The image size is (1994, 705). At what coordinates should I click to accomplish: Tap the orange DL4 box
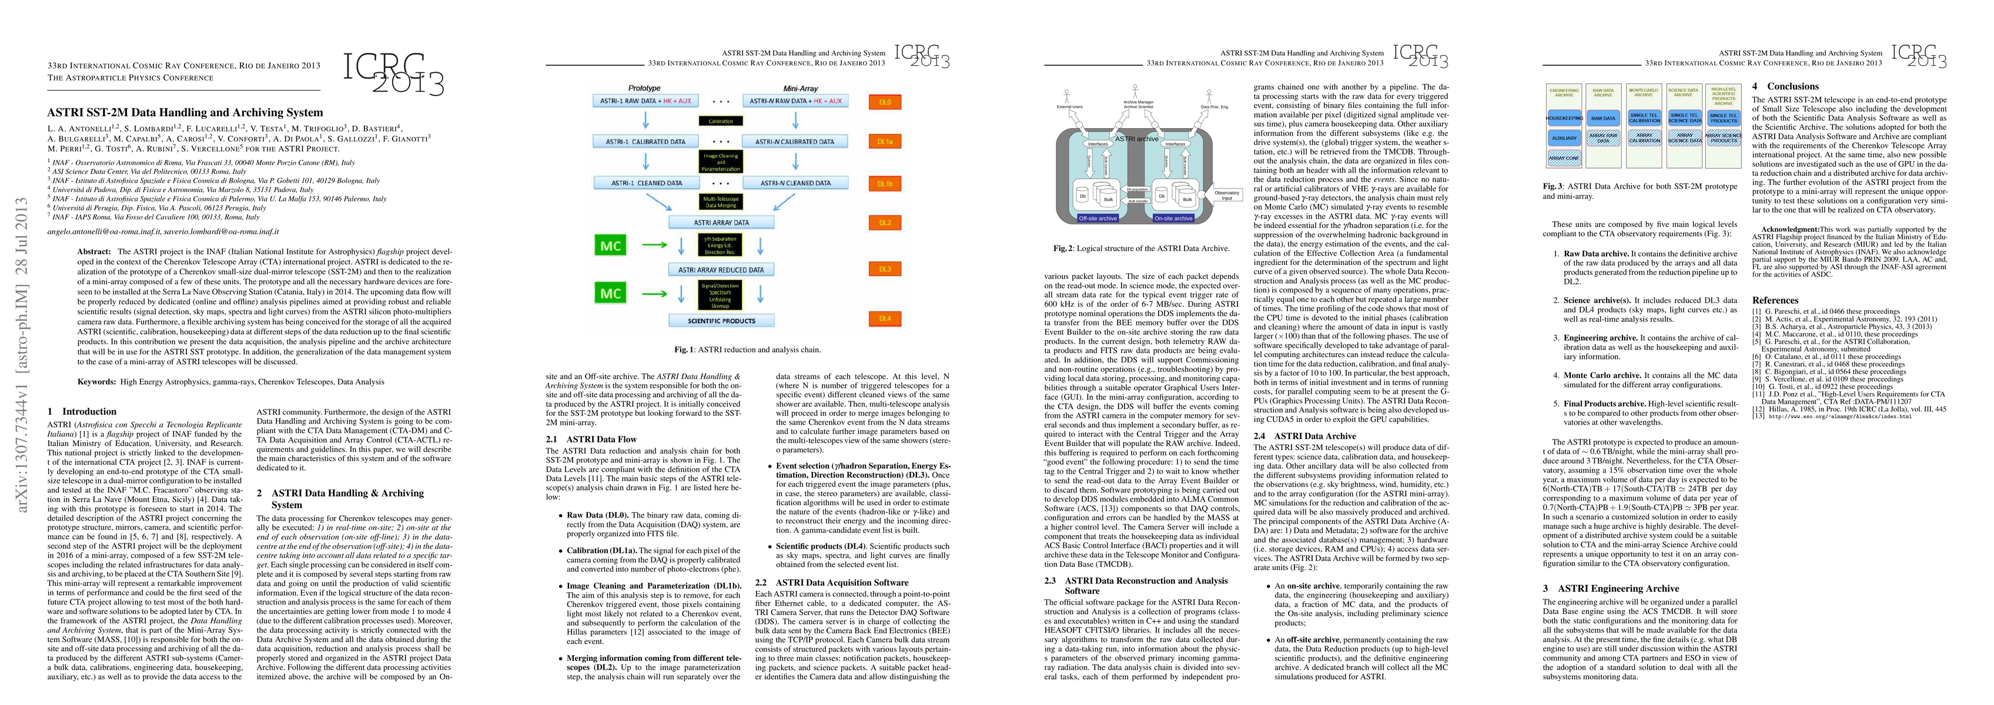[884, 318]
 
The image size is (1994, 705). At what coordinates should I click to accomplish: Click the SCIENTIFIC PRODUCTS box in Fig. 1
[721, 320]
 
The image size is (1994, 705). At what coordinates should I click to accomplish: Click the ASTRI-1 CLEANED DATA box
[647, 183]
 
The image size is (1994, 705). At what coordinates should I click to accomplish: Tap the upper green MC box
[610, 246]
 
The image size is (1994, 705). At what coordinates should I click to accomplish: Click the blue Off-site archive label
[1098, 218]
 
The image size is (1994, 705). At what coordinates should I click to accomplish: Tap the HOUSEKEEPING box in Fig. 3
[1564, 119]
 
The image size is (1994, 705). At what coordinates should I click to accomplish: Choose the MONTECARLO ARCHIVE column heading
[1644, 93]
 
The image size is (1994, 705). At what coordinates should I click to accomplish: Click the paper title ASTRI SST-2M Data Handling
[185, 112]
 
